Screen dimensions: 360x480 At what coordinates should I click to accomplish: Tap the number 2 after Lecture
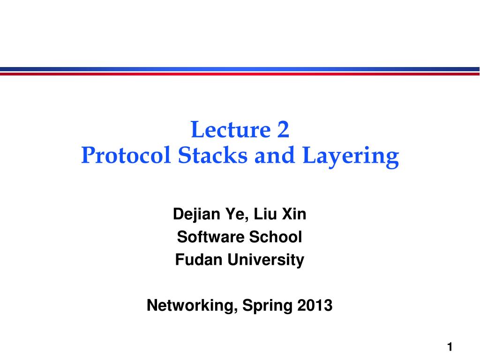click(x=283, y=130)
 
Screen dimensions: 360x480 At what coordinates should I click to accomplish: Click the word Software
click(x=207, y=237)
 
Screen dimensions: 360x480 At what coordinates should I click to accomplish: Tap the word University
click(x=266, y=260)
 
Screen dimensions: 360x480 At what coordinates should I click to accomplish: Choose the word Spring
click(x=267, y=306)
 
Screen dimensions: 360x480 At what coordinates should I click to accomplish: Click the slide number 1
click(x=450, y=347)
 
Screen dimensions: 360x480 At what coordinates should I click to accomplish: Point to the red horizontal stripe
click(x=240, y=74)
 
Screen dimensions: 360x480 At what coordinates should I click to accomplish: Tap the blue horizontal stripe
click(x=240, y=69)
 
